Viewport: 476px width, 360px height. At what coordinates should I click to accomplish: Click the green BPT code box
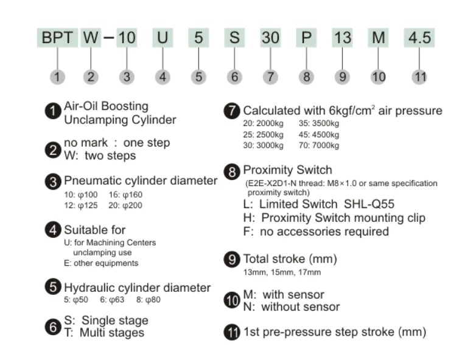pos(57,38)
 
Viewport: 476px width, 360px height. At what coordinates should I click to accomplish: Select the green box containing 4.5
pos(419,38)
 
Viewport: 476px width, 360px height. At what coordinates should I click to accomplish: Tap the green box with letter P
pos(307,38)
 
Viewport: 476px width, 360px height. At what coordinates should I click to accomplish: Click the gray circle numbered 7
pos(270,77)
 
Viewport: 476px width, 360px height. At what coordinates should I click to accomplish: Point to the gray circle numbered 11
pos(419,77)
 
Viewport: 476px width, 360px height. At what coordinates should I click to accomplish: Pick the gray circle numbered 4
pos(163,77)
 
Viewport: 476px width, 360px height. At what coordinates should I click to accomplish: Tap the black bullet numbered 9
pos(232,260)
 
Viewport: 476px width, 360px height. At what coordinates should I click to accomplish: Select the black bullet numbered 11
pos(232,333)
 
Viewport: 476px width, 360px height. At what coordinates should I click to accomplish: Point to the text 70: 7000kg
pos(320,146)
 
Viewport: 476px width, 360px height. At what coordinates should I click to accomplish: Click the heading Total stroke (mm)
pos(290,259)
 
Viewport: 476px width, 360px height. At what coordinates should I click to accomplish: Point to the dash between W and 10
pos(108,38)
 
